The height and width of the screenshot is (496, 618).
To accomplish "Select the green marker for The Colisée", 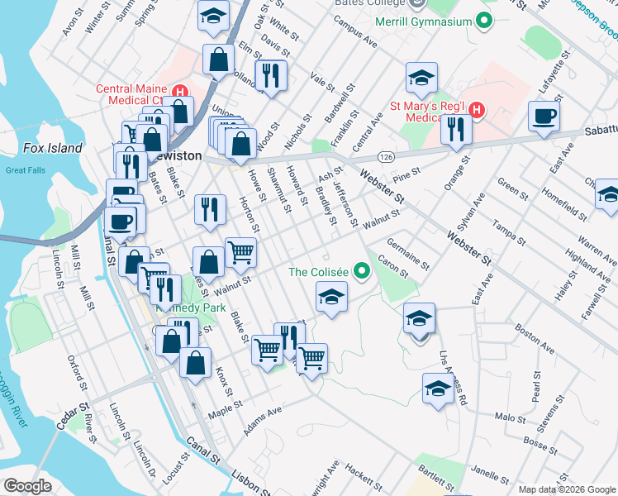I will coord(361,270).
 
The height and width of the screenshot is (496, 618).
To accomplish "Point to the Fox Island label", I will coord(53,149).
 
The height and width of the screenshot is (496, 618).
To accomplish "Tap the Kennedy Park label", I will coord(186,307).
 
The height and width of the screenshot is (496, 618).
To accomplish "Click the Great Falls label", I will coord(23,170).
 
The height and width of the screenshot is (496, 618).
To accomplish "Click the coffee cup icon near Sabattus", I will coord(544,117).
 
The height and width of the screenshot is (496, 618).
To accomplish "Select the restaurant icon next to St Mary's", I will coord(455,129).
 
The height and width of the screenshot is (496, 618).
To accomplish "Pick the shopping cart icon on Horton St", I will coord(240,250).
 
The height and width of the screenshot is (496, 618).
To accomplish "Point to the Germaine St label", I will coord(408,251).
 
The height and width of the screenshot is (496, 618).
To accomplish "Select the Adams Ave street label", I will coord(263,421).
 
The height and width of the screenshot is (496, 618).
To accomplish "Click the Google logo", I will coord(27,486).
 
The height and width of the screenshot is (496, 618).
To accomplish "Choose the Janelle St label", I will coord(489,474).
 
